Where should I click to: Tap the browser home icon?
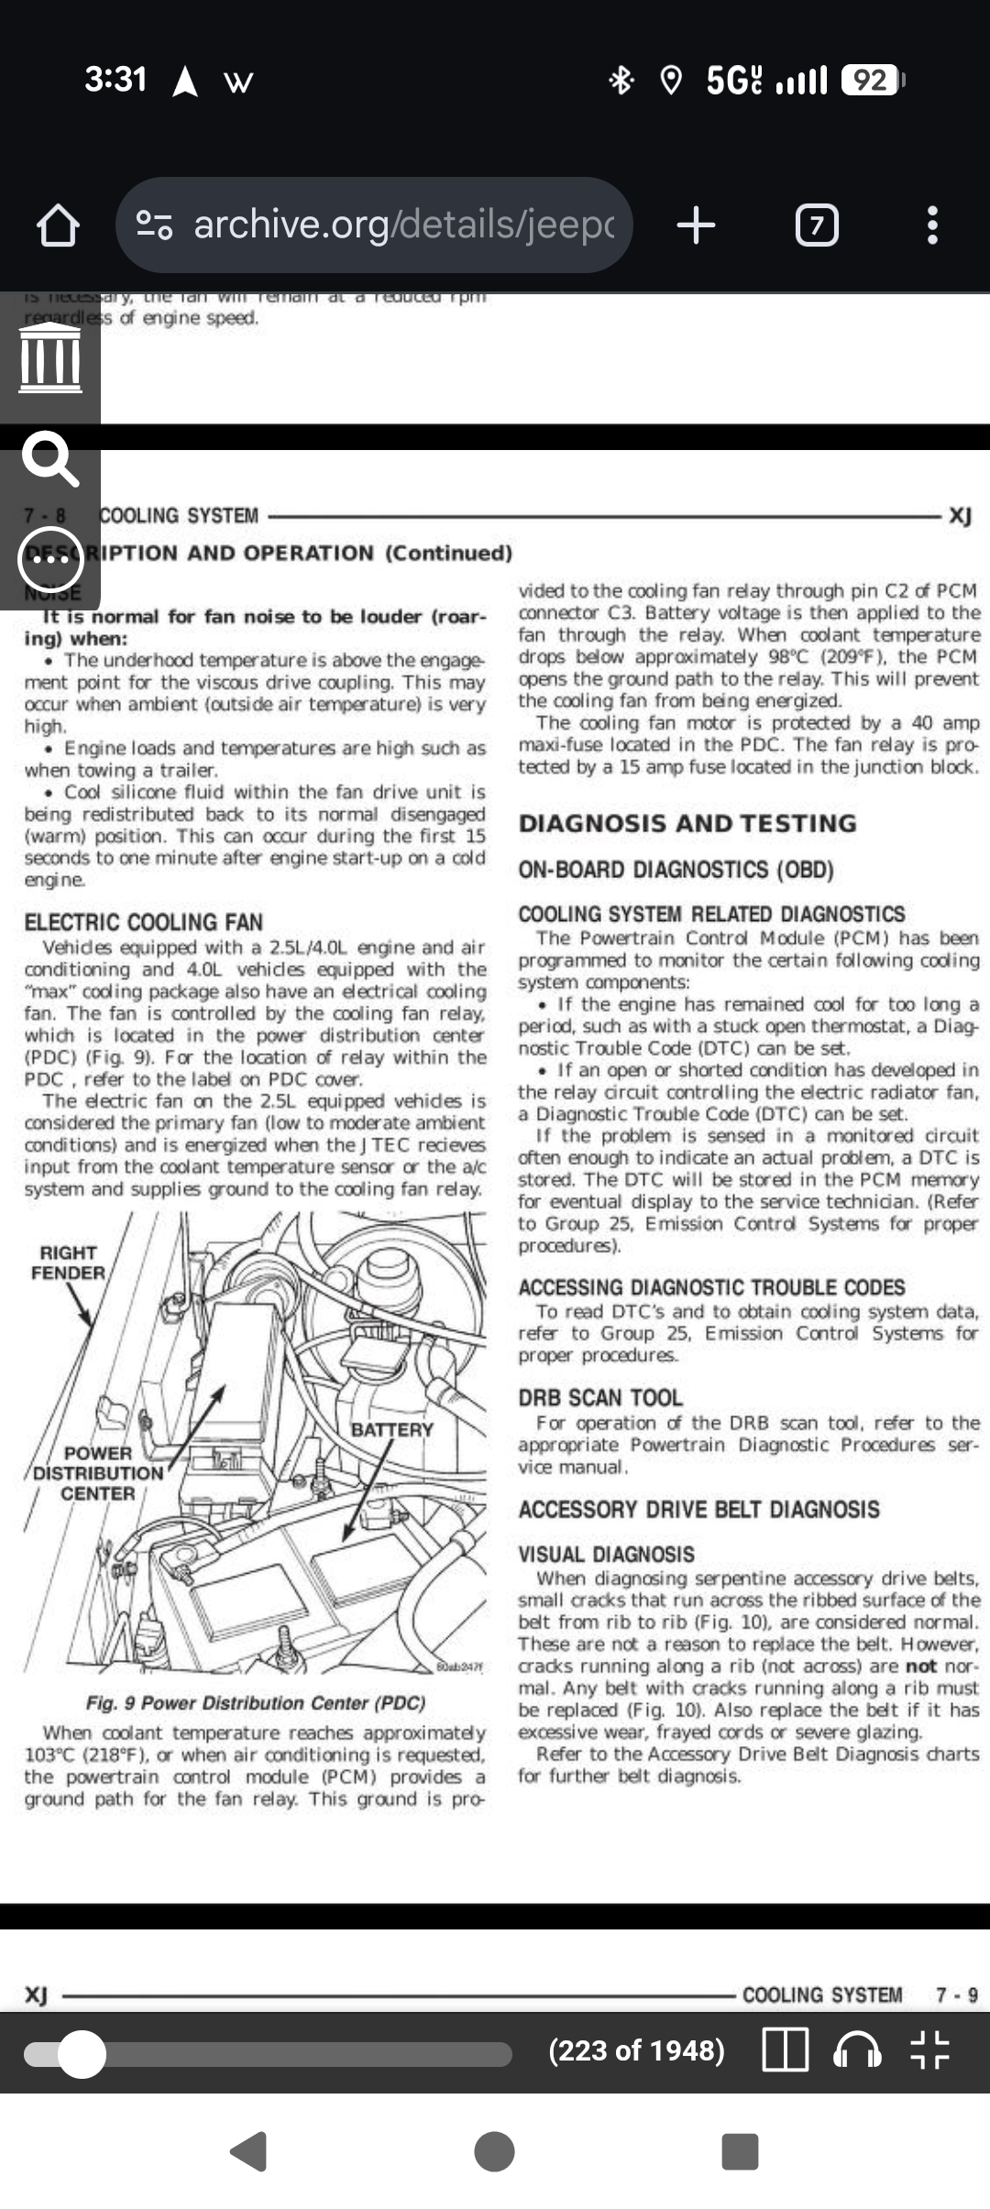[x=58, y=225]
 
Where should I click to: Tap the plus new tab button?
[x=696, y=225]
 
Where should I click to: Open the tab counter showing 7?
[x=816, y=225]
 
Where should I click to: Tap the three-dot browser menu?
[x=932, y=225]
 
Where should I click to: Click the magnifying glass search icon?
[x=49, y=458]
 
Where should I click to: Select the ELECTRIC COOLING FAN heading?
[x=144, y=922]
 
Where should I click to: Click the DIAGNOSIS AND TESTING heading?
[x=687, y=823]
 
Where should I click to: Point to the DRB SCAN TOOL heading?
[x=600, y=1398]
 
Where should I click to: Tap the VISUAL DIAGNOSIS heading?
[x=606, y=1555]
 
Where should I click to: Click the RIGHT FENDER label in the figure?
[x=68, y=1263]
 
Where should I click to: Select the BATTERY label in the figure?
[x=392, y=1430]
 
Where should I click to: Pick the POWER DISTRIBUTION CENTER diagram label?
[x=97, y=1473]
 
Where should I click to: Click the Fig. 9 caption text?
[x=256, y=1703]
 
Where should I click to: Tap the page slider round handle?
[x=82, y=2054]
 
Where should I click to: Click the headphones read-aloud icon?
[x=856, y=2050]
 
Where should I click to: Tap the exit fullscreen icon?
[x=929, y=2050]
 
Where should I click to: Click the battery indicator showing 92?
[x=871, y=81]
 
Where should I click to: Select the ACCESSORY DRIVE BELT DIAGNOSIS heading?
[x=698, y=1510]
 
